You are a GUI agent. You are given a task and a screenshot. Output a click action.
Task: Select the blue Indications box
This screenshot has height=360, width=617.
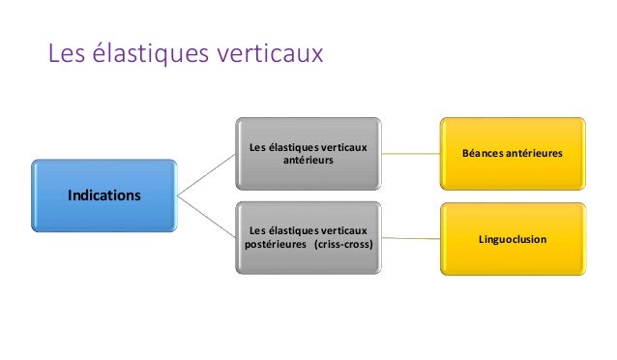tap(103, 195)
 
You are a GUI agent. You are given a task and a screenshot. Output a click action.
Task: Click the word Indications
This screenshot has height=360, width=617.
tap(103, 195)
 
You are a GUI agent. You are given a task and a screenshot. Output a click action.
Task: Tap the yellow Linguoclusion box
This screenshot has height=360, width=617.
tap(513, 237)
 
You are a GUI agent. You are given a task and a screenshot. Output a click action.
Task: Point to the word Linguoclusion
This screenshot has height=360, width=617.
tap(513, 237)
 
